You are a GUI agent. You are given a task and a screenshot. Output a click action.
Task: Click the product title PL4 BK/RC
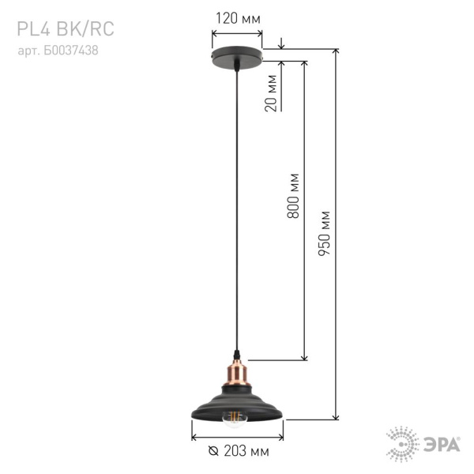click(x=65, y=29)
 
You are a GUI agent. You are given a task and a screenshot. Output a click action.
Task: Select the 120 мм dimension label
click(x=238, y=18)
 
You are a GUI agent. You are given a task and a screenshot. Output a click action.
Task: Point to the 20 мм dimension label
click(x=272, y=93)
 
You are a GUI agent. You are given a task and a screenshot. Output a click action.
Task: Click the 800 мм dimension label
click(x=294, y=196)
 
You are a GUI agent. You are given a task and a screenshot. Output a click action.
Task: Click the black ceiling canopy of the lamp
click(x=238, y=61)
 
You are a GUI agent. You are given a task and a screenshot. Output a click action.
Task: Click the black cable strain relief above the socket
click(x=237, y=353)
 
